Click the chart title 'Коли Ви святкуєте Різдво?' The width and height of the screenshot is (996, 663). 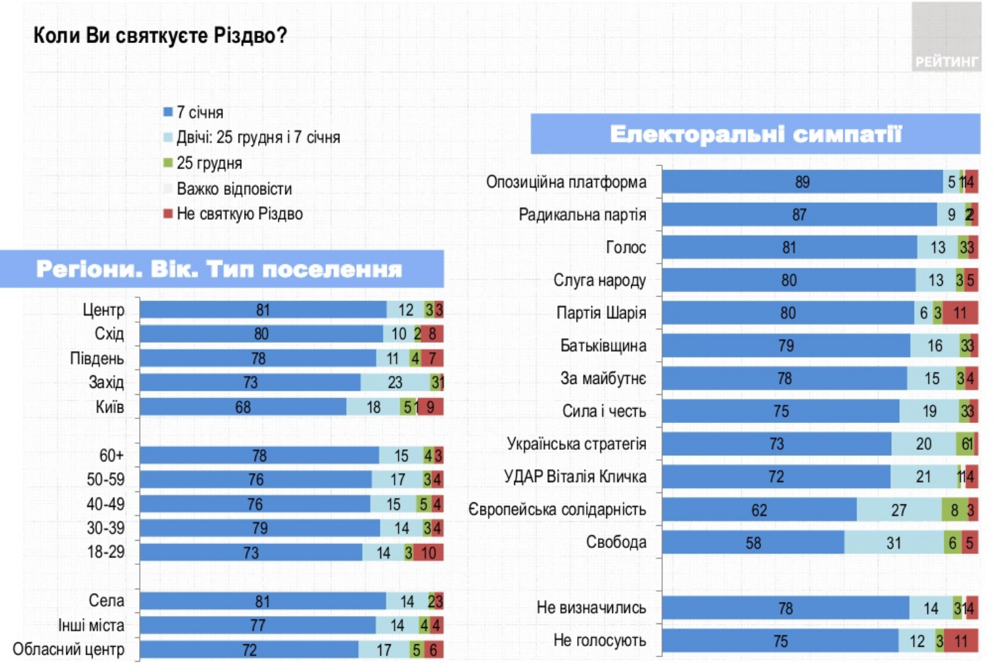point(160,35)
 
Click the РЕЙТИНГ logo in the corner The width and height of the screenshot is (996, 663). point(946,61)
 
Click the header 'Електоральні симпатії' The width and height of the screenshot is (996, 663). point(755,134)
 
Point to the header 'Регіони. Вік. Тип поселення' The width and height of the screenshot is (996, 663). point(219,269)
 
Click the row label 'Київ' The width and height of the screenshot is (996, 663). point(110,407)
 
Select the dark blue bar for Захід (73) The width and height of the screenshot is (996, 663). point(250,383)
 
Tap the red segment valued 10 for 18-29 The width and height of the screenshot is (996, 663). point(428,553)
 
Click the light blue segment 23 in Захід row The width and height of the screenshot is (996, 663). point(395,383)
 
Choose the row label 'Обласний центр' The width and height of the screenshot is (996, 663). point(69,650)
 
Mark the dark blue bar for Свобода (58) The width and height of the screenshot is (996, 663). point(753,543)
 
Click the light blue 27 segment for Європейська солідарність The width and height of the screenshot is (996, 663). point(899,510)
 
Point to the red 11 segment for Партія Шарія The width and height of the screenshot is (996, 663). point(960,313)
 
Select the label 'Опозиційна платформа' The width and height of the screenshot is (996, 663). point(566,182)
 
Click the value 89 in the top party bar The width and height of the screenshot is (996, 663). point(802,182)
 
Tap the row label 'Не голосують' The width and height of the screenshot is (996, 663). point(599,641)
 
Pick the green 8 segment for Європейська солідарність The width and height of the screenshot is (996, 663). point(954,510)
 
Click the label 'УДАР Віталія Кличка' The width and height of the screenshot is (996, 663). point(575,477)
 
